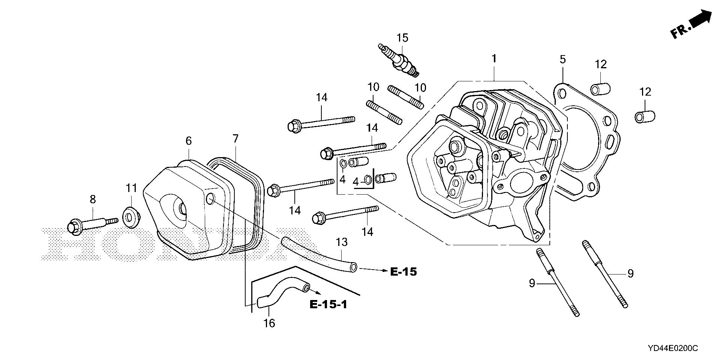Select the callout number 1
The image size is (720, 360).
click(x=494, y=58)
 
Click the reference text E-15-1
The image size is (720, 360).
click(x=328, y=304)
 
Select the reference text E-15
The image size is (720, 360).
click(x=403, y=271)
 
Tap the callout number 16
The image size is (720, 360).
click(x=269, y=323)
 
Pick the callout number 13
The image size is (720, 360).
click(x=342, y=242)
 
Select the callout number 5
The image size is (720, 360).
click(x=562, y=59)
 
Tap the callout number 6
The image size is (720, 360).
click(x=188, y=141)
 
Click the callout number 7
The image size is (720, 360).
click(x=235, y=139)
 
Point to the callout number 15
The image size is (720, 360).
click(x=403, y=38)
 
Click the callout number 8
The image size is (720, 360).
click(x=93, y=199)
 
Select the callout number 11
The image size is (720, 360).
click(x=131, y=187)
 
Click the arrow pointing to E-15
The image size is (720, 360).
click(x=371, y=270)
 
